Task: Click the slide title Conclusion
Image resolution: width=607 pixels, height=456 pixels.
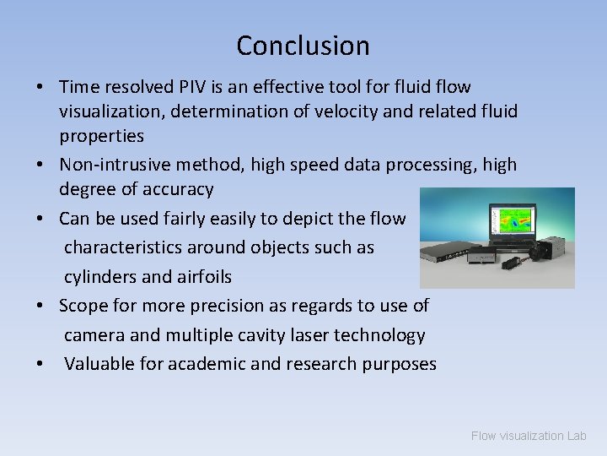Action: (x=303, y=46)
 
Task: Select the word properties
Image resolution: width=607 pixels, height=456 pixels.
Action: (x=101, y=136)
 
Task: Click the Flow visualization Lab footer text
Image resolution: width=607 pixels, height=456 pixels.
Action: (x=528, y=436)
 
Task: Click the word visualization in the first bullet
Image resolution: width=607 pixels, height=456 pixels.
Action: (x=110, y=111)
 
